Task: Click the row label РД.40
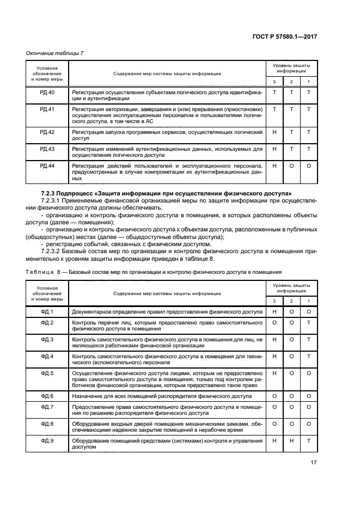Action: point(48,93)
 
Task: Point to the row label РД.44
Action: point(48,165)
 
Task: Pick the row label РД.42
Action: point(48,132)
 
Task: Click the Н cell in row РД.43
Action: point(274,149)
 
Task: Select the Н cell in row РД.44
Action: point(274,165)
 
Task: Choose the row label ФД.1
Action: point(48,311)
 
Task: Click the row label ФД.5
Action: point(48,373)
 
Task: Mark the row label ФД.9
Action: point(48,440)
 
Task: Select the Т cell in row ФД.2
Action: point(309,322)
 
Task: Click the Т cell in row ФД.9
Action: point(309,440)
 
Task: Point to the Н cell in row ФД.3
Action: point(274,339)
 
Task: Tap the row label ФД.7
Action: point(48,406)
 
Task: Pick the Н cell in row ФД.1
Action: point(274,311)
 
